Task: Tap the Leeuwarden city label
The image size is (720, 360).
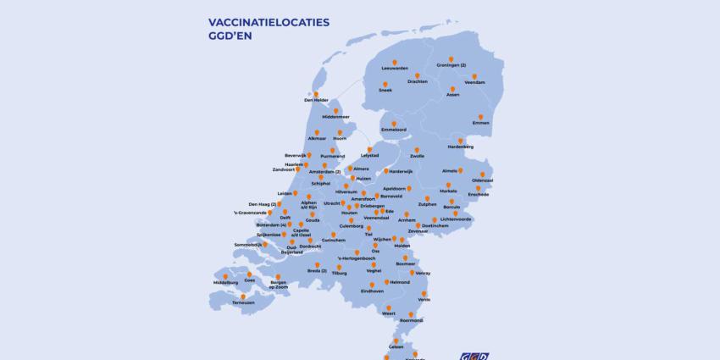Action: coord(395,67)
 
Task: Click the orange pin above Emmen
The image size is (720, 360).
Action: coord(481,117)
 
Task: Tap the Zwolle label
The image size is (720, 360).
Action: coord(417,157)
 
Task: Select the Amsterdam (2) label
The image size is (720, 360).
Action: coord(325,172)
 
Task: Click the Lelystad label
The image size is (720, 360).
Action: coord(369,156)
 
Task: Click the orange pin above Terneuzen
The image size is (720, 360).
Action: coord(244,296)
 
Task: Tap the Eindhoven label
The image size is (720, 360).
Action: coord(372,291)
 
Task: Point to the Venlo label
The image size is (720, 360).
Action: coord(424,299)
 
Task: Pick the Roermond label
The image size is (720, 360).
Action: coord(411,320)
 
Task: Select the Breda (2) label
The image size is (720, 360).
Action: coord(317,271)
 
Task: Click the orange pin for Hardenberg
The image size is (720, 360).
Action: coord(461,139)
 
